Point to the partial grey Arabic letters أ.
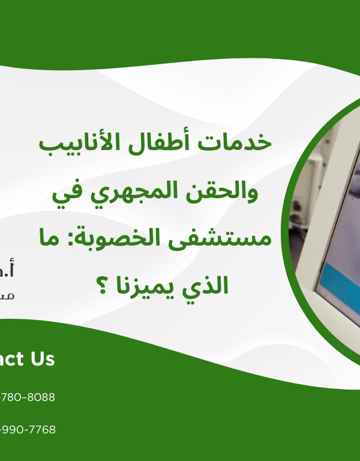8,271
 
